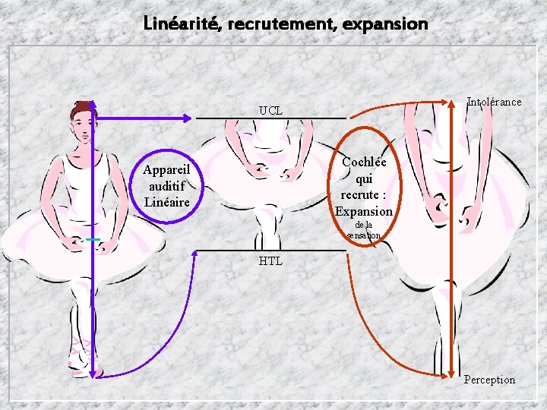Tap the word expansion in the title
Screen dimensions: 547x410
click(385, 24)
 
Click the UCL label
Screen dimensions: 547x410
click(270, 111)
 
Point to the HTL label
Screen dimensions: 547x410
click(270, 261)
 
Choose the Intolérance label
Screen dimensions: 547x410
click(494, 102)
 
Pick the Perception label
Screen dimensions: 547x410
click(489, 380)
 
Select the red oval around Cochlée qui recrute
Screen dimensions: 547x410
click(365, 186)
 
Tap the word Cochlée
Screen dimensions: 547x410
click(364, 162)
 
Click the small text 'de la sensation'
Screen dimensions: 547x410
click(364, 230)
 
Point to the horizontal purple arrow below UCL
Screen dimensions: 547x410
click(144, 118)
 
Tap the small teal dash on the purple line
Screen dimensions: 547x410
click(93, 240)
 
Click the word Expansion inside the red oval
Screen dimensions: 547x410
click(364, 211)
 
